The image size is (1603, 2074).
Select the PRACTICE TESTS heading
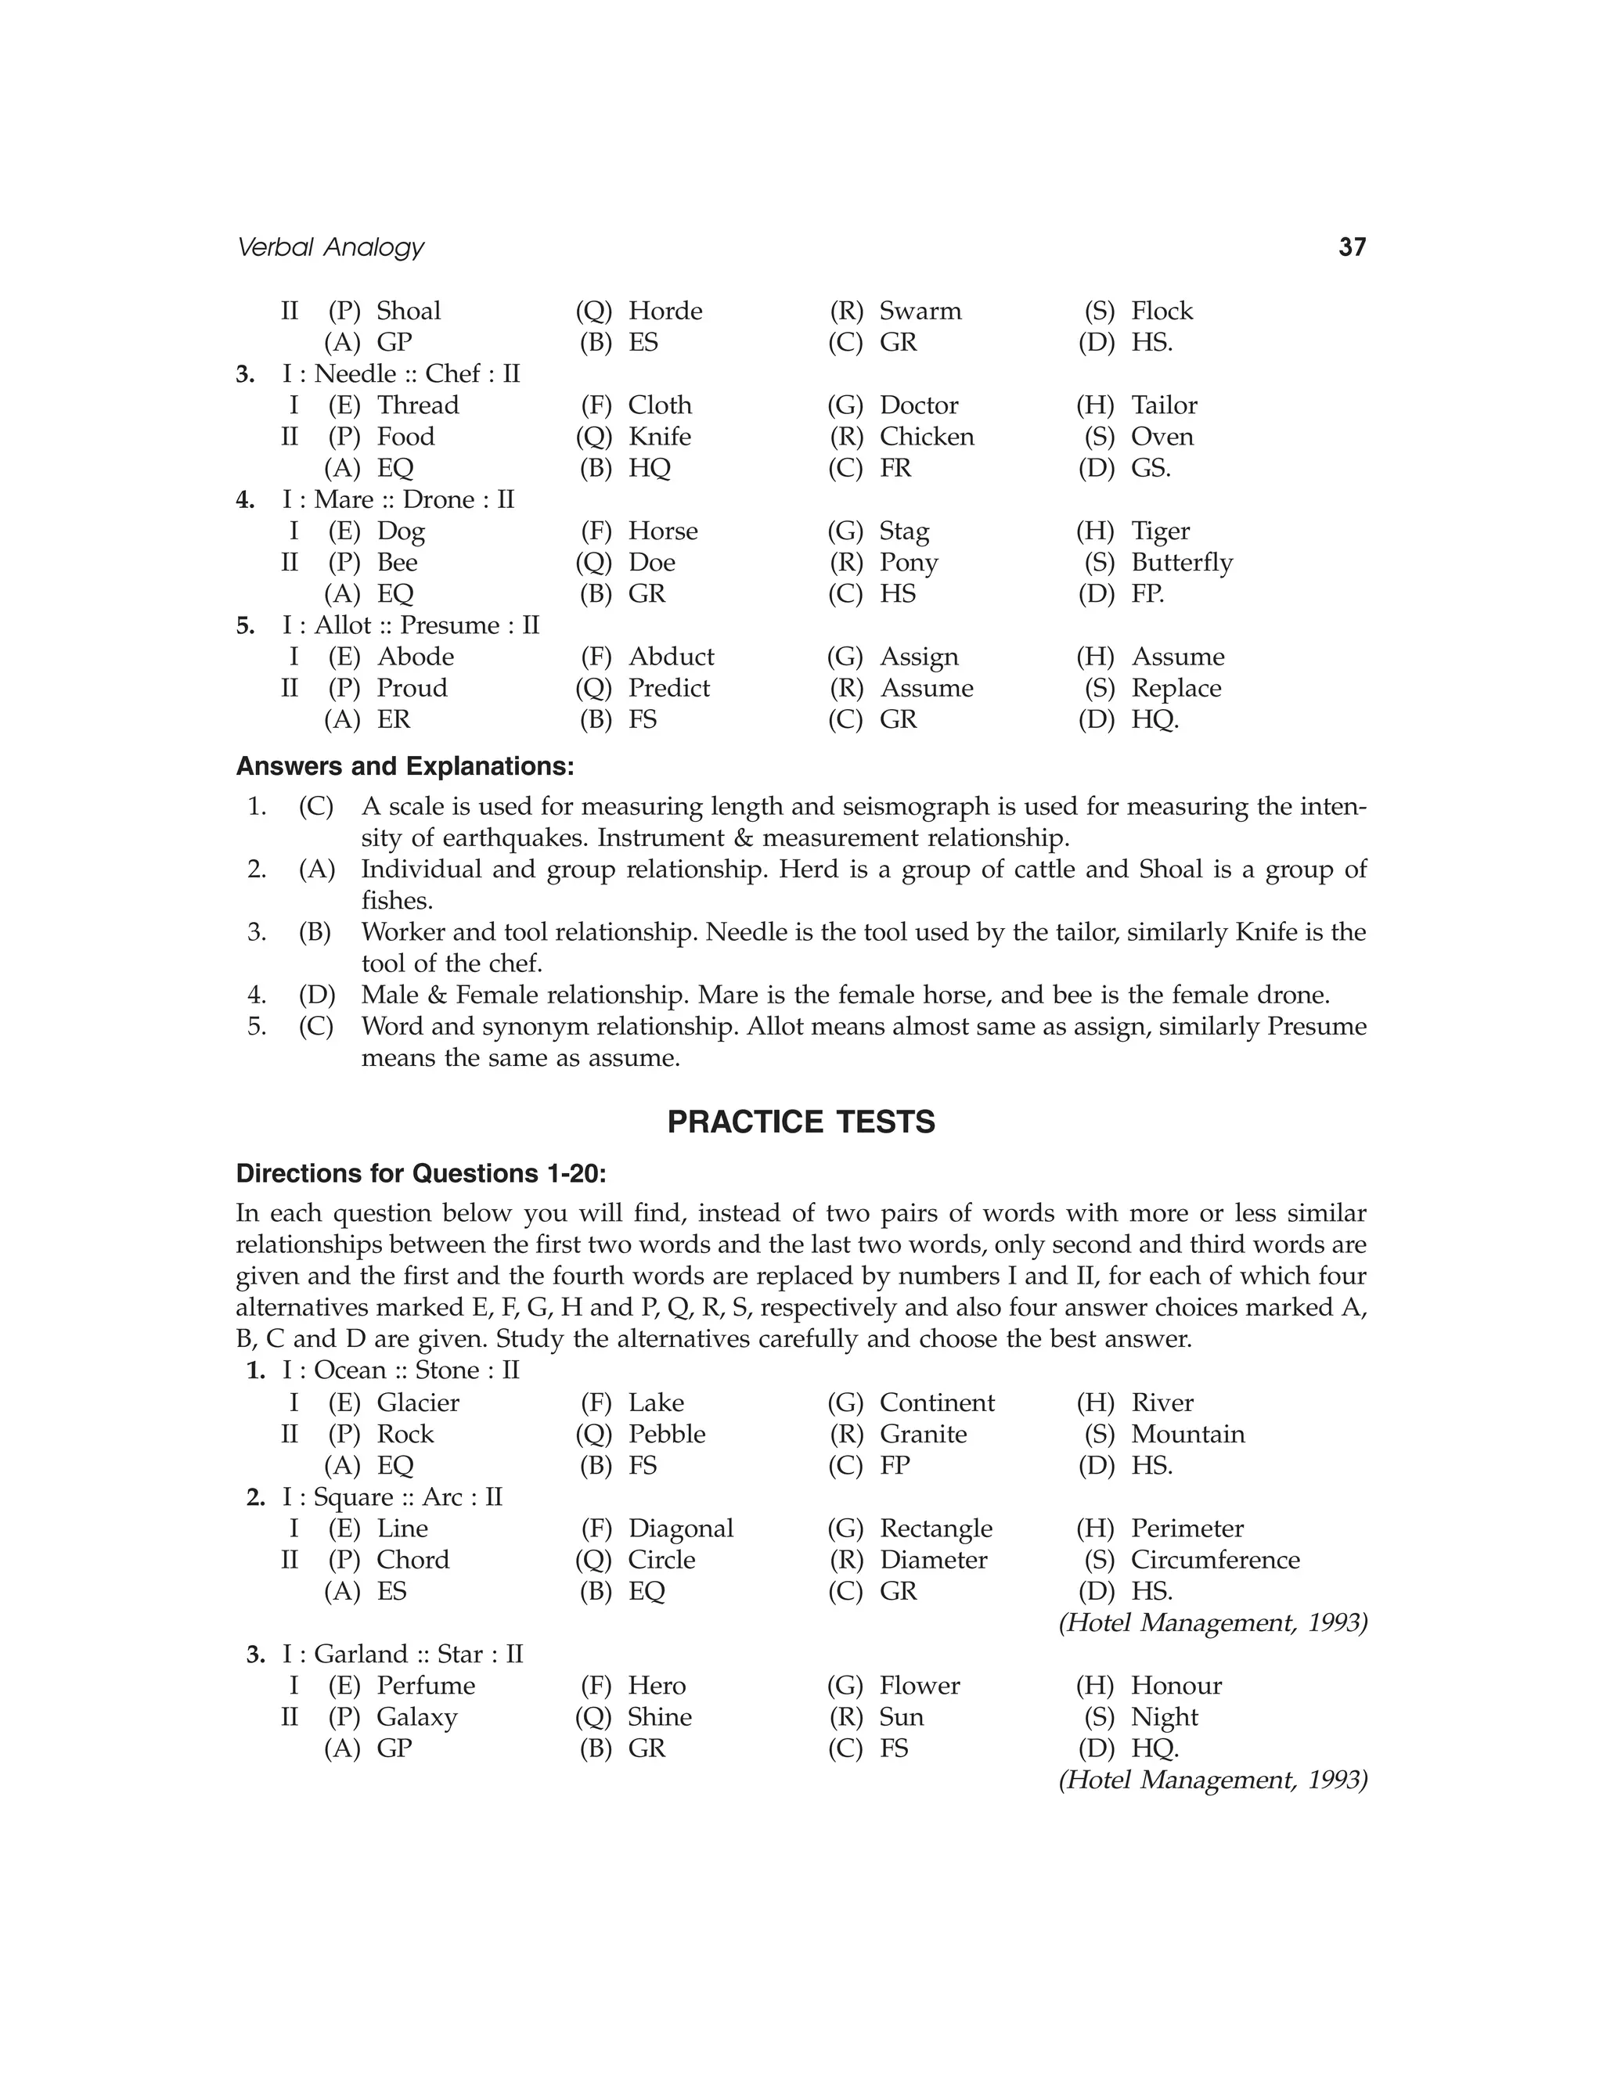click(801, 1122)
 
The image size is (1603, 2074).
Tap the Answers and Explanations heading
click(405, 765)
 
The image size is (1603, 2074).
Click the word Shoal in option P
click(409, 311)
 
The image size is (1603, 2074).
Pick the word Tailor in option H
click(1163, 405)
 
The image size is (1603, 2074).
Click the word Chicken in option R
click(926, 437)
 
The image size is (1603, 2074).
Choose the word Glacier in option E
click(418, 1402)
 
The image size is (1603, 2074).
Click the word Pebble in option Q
click(667, 1434)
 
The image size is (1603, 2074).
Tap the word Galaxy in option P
click(417, 1717)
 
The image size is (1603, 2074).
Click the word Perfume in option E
click(426, 1686)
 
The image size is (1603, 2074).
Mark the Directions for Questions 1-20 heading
click(420, 1174)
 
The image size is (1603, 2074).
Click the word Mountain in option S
click(1187, 1434)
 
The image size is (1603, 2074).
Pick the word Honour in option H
click(1176, 1686)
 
